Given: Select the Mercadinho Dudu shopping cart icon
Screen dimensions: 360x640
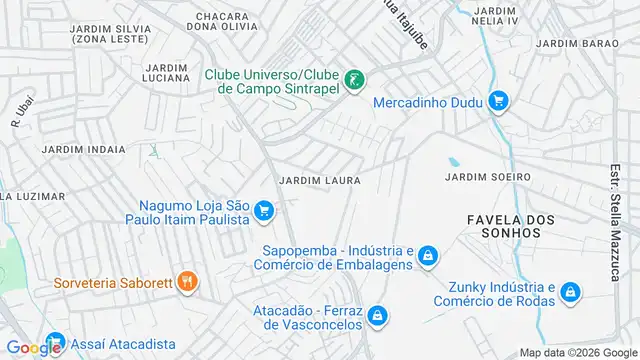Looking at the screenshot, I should [x=499, y=101].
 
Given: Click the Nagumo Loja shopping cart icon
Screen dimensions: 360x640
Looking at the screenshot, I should [x=264, y=210].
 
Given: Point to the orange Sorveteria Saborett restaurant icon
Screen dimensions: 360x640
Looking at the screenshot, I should [x=185, y=282].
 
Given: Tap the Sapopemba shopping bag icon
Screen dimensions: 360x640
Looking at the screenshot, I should [x=427, y=257].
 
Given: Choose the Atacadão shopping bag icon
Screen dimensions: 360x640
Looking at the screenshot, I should [x=377, y=316].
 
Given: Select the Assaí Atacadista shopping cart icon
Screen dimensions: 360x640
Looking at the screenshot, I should [x=55, y=342].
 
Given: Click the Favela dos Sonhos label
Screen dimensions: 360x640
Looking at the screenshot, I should [x=505, y=225].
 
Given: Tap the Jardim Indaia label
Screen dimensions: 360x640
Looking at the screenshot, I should [x=84, y=149].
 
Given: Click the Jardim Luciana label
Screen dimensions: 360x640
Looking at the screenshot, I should [x=166, y=72].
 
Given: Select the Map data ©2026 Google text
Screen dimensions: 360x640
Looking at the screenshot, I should [x=577, y=352].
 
